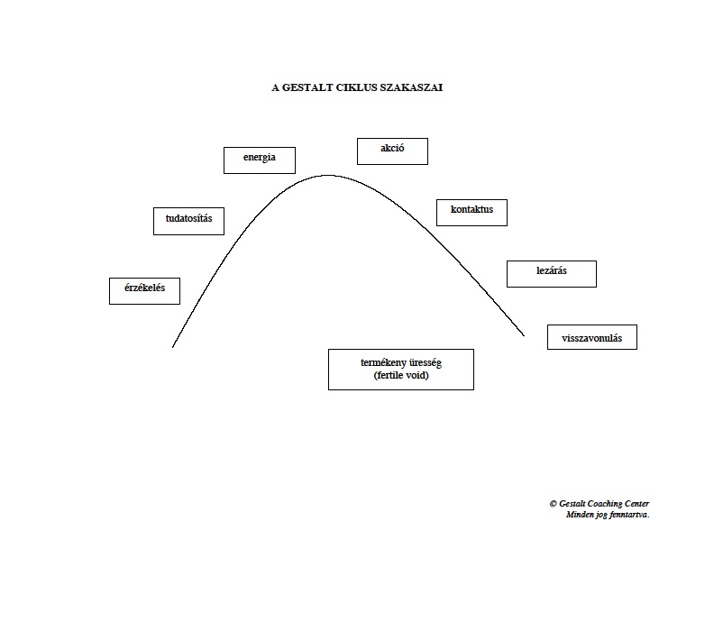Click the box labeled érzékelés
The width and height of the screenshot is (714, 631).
pyautogui.click(x=145, y=291)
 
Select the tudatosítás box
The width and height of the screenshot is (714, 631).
pyautogui.click(x=189, y=221)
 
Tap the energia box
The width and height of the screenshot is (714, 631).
pyautogui.click(x=260, y=160)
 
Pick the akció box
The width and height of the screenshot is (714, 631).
pyautogui.click(x=392, y=151)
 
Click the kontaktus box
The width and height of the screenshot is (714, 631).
pyautogui.click(x=471, y=213)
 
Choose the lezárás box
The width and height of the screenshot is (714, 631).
pyautogui.click(x=552, y=274)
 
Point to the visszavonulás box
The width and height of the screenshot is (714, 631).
pyautogui.click(x=592, y=337)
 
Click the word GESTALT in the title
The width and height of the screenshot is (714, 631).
pyautogui.click(x=307, y=87)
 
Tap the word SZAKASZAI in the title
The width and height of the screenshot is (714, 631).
pyautogui.click(x=411, y=87)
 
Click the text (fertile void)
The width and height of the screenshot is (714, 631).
pyautogui.click(x=401, y=375)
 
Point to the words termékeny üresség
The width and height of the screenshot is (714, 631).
pyautogui.click(x=401, y=363)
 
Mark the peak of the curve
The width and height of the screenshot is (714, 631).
pyautogui.click(x=327, y=175)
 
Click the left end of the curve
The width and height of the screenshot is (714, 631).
pyautogui.click(x=172, y=347)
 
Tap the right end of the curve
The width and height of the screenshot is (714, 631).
pyautogui.click(x=524, y=335)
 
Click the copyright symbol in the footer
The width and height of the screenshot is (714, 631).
pyautogui.click(x=554, y=504)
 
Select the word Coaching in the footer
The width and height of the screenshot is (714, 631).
pyautogui.click(x=604, y=504)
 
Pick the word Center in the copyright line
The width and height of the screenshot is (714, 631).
pyautogui.click(x=636, y=504)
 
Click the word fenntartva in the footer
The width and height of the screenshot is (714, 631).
pyautogui.click(x=628, y=515)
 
